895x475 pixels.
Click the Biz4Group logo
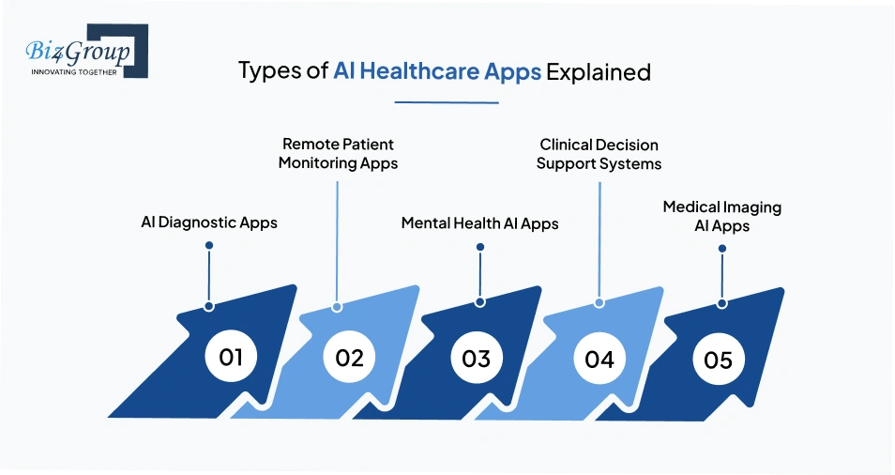[x=81, y=52]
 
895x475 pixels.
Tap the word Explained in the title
[x=599, y=72]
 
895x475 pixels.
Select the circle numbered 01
[x=231, y=358]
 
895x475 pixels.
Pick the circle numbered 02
[x=349, y=358]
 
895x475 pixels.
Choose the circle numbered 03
[x=477, y=359]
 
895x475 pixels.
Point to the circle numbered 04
[x=599, y=359]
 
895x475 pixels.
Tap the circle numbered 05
[x=718, y=360]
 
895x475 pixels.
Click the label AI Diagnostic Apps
[x=208, y=223]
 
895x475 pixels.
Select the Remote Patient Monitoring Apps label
[x=340, y=154]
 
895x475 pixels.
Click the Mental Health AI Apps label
[x=479, y=223]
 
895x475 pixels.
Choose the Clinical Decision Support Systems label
[x=599, y=154]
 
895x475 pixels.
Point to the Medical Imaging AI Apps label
[x=721, y=216]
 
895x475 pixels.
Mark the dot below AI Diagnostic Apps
[x=209, y=246]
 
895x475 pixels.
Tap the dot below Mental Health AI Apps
[x=479, y=247]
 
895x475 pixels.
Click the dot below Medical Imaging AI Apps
[x=721, y=249]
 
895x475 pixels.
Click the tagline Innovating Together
[x=74, y=71]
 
